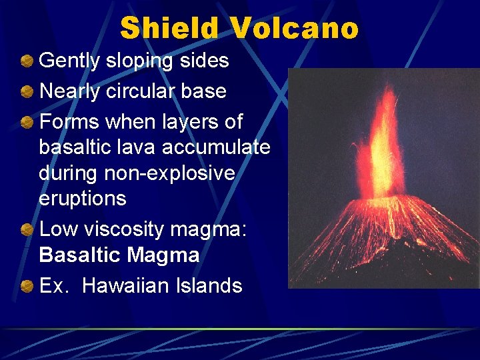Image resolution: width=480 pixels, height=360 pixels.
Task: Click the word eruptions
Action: [82, 199]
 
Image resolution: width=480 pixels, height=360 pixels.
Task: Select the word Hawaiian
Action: [128, 286]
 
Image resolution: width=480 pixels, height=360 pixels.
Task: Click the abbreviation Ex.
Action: [54, 286]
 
